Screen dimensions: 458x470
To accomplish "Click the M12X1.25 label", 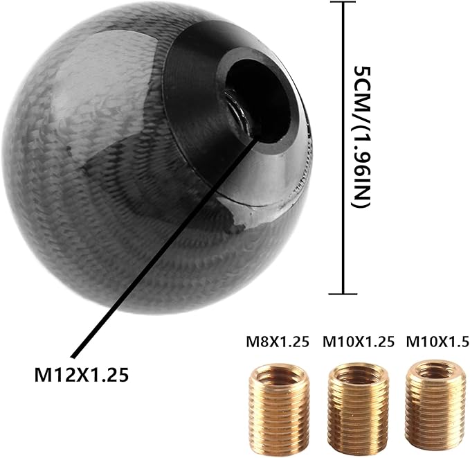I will pyautogui.click(x=82, y=375).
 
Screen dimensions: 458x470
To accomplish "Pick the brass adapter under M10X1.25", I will pyautogui.click(x=357, y=399).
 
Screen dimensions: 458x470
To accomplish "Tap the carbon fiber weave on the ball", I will pyautogui.click(x=104, y=159).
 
